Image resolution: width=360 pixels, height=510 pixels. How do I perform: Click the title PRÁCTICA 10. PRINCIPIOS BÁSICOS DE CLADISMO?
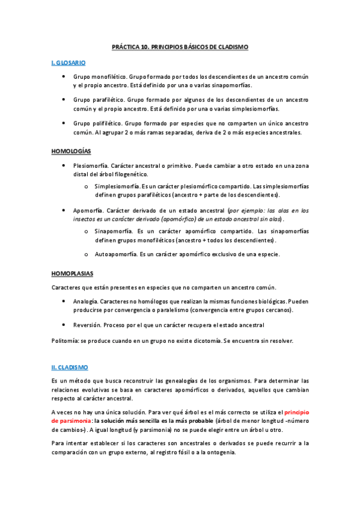pos(180,47)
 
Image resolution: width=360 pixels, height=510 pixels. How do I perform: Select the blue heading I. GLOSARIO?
pos(69,62)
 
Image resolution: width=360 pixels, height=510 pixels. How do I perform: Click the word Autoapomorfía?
pos(116,254)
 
